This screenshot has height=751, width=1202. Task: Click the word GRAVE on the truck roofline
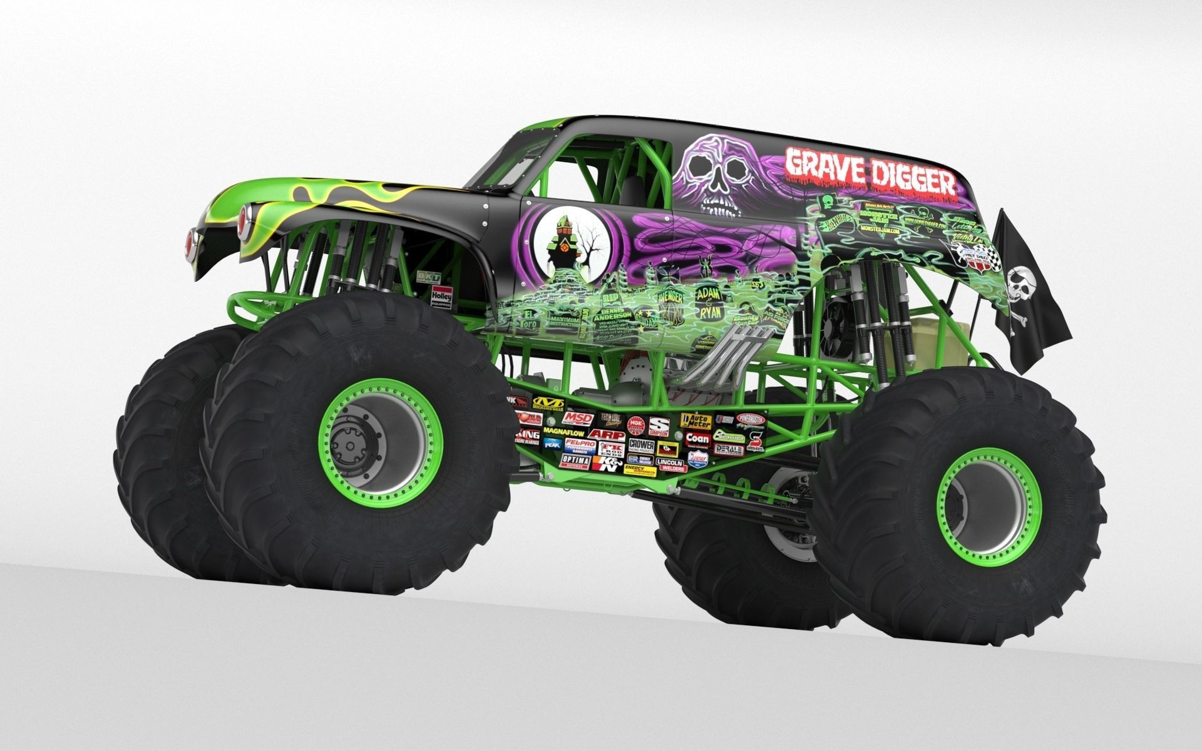tap(817, 164)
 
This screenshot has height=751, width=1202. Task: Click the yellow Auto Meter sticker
tap(696, 421)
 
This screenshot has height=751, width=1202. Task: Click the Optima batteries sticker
tap(575, 461)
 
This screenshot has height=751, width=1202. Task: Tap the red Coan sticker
tap(697, 439)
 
